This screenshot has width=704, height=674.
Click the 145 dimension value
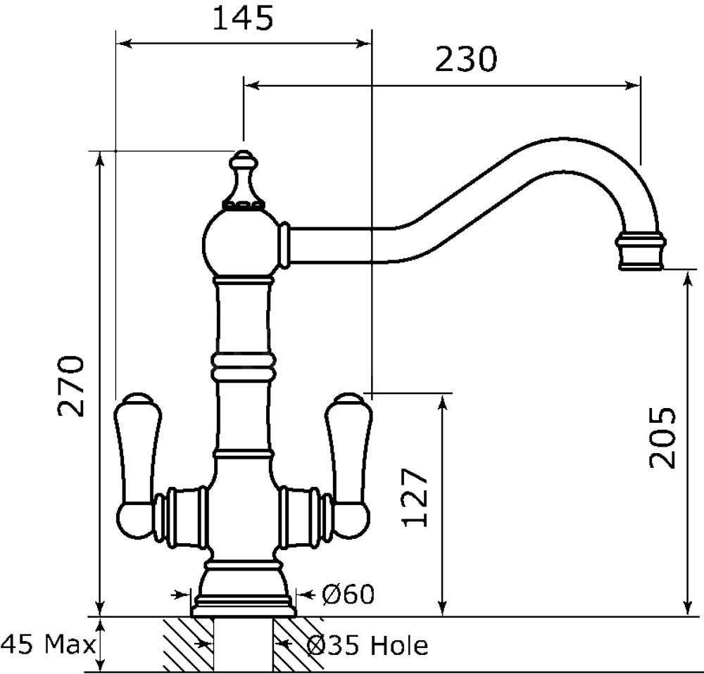pos(242,19)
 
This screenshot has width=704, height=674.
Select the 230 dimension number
pos(466,59)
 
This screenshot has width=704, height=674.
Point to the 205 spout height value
pos(662,438)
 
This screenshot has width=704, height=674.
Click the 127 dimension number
pos(415,497)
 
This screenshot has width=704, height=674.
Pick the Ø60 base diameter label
pos(348,594)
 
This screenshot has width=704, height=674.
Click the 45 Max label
pos(49,645)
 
